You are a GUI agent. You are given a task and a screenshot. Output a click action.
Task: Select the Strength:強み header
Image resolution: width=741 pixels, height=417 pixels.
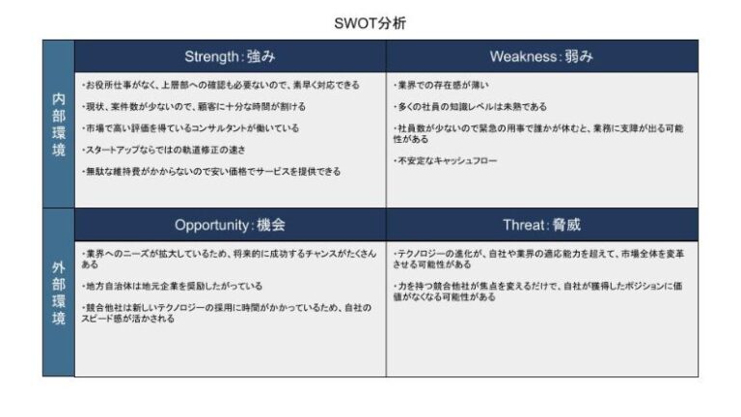click(230, 56)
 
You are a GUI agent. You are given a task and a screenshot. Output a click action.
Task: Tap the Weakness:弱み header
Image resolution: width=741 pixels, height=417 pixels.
click(541, 56)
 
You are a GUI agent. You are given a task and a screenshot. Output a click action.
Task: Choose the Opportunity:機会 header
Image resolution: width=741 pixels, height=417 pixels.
click(230, 225)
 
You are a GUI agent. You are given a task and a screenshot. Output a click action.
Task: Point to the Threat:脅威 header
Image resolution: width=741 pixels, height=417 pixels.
click(541, 225)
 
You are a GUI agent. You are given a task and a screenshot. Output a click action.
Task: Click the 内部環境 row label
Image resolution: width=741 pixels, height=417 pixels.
click(58, 124)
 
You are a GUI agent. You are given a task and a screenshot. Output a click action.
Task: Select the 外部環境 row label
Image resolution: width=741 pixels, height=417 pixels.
click(58, 292)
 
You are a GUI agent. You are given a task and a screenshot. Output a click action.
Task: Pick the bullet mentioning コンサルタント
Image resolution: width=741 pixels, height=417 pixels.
click(190, 127)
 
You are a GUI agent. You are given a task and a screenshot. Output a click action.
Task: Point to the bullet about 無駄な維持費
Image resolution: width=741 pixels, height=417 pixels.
click(210, 171)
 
